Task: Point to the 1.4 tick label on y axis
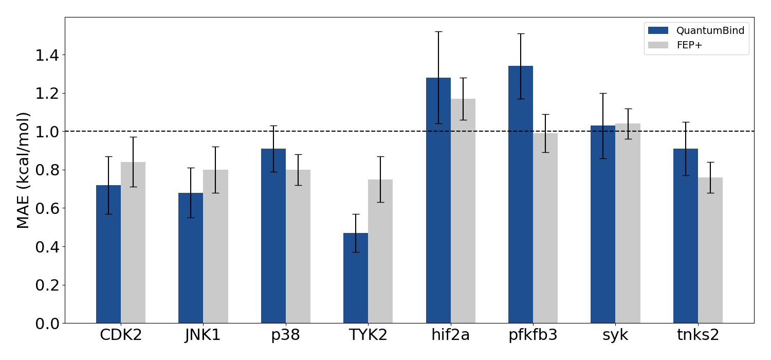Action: click(x=47, y=55)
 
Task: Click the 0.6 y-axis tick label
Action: click(x=47, y=208)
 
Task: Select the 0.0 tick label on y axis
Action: click(x=47, y=323)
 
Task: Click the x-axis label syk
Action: click(x=615, y=335)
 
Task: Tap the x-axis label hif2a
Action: click(x=451, y=335)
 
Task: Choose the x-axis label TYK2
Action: click(x=368, y=335)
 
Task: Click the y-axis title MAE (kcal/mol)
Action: click(x=23, y=170)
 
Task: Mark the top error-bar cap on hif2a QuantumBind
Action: click(x=438, y=32)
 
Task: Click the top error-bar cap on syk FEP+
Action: click(x=628, y=109)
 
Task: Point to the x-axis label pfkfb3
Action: click(x=533, y=335)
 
